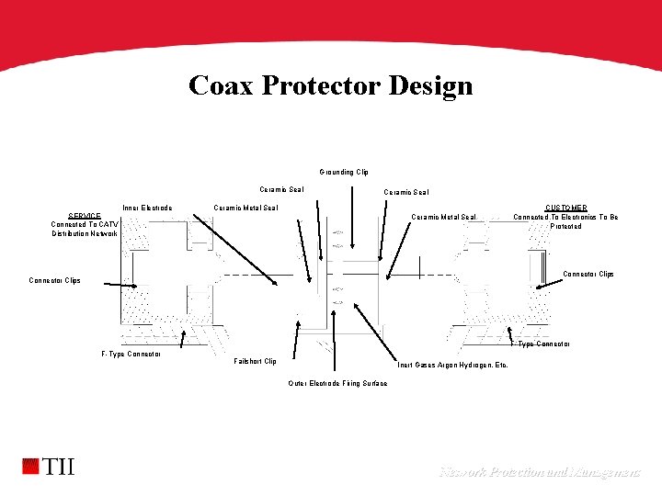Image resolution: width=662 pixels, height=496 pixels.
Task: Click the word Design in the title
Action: (x=431, y=85)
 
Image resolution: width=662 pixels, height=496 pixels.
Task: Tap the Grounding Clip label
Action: (x=344, y=172)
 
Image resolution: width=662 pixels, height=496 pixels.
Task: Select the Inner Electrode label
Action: (x=146, y=208)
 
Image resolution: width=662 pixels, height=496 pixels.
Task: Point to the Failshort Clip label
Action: (x=256, y=361)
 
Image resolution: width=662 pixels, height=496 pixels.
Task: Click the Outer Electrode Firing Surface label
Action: (x=337, y=383)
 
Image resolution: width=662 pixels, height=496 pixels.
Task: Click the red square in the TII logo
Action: (x=31, y=467)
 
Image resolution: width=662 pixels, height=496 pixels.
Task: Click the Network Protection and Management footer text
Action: (x=540, y=472)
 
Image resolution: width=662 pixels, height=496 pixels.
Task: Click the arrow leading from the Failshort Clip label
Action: (x=293, y=331)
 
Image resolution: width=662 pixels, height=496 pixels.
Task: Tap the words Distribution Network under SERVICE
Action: (x=85, y=234)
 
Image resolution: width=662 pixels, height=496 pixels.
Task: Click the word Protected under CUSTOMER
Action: (x=565, y=226)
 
